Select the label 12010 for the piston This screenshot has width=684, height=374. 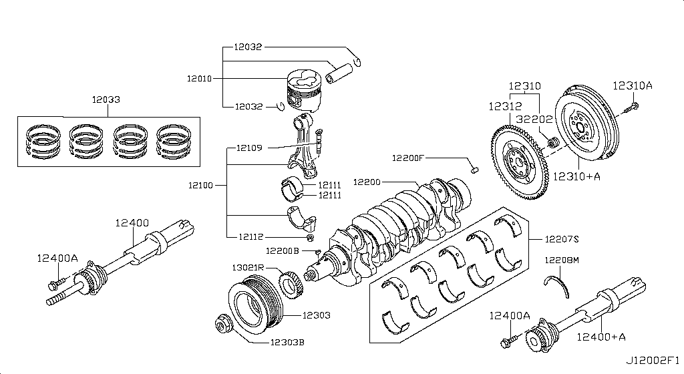click(200, 78)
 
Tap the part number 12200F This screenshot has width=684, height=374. click(409, 158)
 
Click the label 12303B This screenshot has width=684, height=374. click(287, 343)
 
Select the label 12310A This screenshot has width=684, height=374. click(632, 85)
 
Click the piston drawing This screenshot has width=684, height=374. click(304, 91)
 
